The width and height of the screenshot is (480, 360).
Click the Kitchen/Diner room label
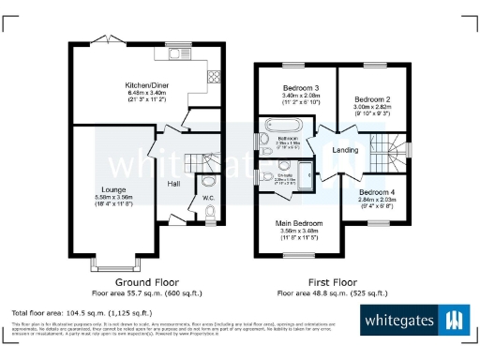(x=146, y=85)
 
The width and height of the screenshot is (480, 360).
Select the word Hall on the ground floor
(x=174, y=184)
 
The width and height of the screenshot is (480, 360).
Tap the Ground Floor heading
(x=146, y=281)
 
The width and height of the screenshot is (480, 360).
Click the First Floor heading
(x=333, y=281)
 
